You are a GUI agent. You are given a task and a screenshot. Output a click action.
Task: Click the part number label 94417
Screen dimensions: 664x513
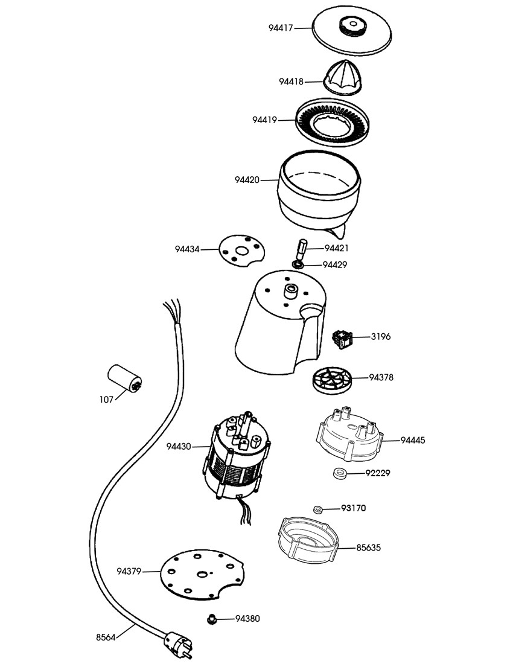[x=282, y=28]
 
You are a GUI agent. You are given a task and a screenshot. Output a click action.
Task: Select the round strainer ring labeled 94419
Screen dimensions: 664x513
[x=333, y=120]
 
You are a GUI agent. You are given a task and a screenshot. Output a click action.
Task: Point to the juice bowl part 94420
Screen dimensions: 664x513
[x=320, y=193]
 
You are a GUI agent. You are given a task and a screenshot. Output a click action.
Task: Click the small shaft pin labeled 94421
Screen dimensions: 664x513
[x=301, y=248]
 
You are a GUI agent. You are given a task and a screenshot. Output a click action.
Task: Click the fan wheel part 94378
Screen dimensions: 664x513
[x=333, y=380]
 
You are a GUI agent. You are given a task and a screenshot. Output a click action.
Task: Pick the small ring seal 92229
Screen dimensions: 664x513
[x=340, y=472]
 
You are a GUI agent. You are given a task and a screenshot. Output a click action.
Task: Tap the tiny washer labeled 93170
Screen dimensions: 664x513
[x=318, y=509]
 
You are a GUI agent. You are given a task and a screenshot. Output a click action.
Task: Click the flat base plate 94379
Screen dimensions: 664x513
[x=202, y=574]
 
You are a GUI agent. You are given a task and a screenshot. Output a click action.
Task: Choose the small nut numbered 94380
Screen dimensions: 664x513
[x=212, y=618]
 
